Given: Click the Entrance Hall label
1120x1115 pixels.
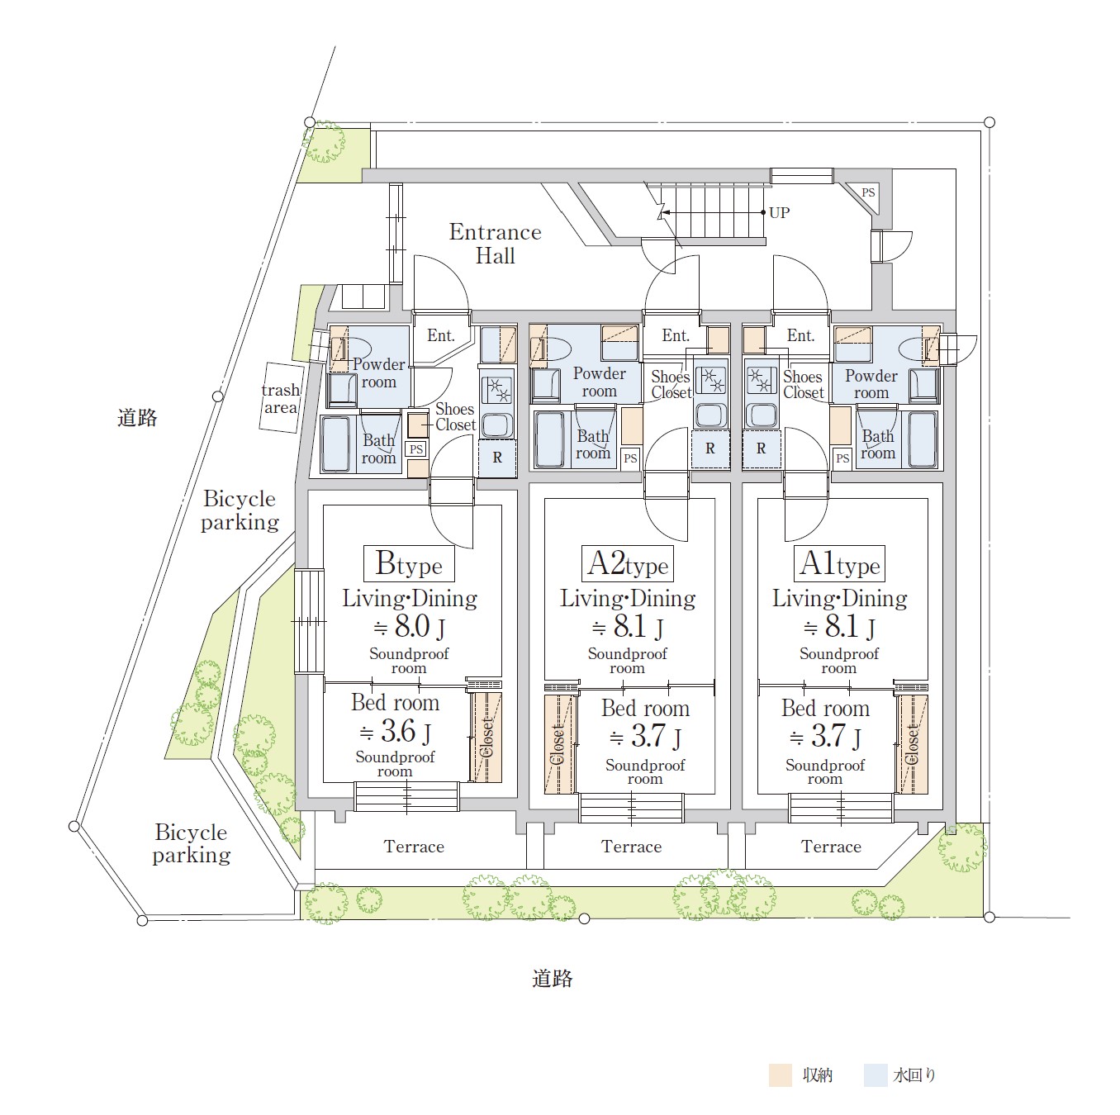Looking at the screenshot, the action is tap(496, 244).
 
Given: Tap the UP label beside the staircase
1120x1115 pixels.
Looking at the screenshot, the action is tap(779, 213).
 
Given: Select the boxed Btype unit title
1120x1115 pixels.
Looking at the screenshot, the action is tap(409, 563).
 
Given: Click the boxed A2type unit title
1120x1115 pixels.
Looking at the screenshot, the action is tap(628, 563).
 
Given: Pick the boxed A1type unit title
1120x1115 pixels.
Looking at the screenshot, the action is tap(839, 563).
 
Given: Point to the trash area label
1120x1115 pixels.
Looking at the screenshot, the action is tap(281, 398).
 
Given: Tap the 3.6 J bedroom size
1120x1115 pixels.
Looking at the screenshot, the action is tap(396, 731).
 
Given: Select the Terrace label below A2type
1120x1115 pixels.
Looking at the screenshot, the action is tap(631, 847).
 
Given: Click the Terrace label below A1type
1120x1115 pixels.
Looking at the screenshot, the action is tap(831, 847).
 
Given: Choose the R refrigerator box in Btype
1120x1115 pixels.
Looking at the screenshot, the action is tap(497, 458).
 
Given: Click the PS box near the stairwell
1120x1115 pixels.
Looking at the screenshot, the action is tap(868, 192).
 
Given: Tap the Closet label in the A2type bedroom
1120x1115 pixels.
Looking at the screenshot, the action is tap(557, 745).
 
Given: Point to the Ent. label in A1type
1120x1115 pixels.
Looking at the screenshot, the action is tap(800, 335).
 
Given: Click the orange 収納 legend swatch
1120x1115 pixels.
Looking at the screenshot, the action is tap(780, 1075).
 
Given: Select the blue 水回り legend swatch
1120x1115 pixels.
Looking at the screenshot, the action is tap(876, 1075).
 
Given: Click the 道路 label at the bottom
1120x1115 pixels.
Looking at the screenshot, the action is tap(553, 979).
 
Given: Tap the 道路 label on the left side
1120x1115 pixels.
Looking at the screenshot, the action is tap(137, 418).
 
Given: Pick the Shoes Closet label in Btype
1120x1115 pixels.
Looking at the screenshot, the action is tap(455, 417).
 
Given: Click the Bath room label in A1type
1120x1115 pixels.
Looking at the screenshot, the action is tap(878, 444).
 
